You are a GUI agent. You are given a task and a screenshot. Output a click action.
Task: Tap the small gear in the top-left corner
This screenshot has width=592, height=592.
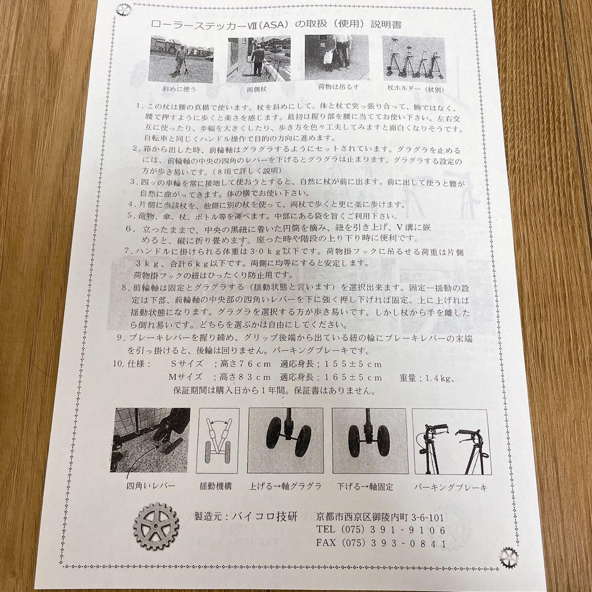123,9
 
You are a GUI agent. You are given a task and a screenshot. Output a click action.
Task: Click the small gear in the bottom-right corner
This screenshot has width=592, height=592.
509,558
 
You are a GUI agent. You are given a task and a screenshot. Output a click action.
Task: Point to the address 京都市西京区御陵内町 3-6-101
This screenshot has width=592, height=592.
380,517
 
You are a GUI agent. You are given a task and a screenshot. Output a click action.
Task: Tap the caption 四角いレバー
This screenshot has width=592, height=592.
151,486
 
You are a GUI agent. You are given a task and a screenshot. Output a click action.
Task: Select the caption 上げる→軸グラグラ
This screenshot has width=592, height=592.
285,486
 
